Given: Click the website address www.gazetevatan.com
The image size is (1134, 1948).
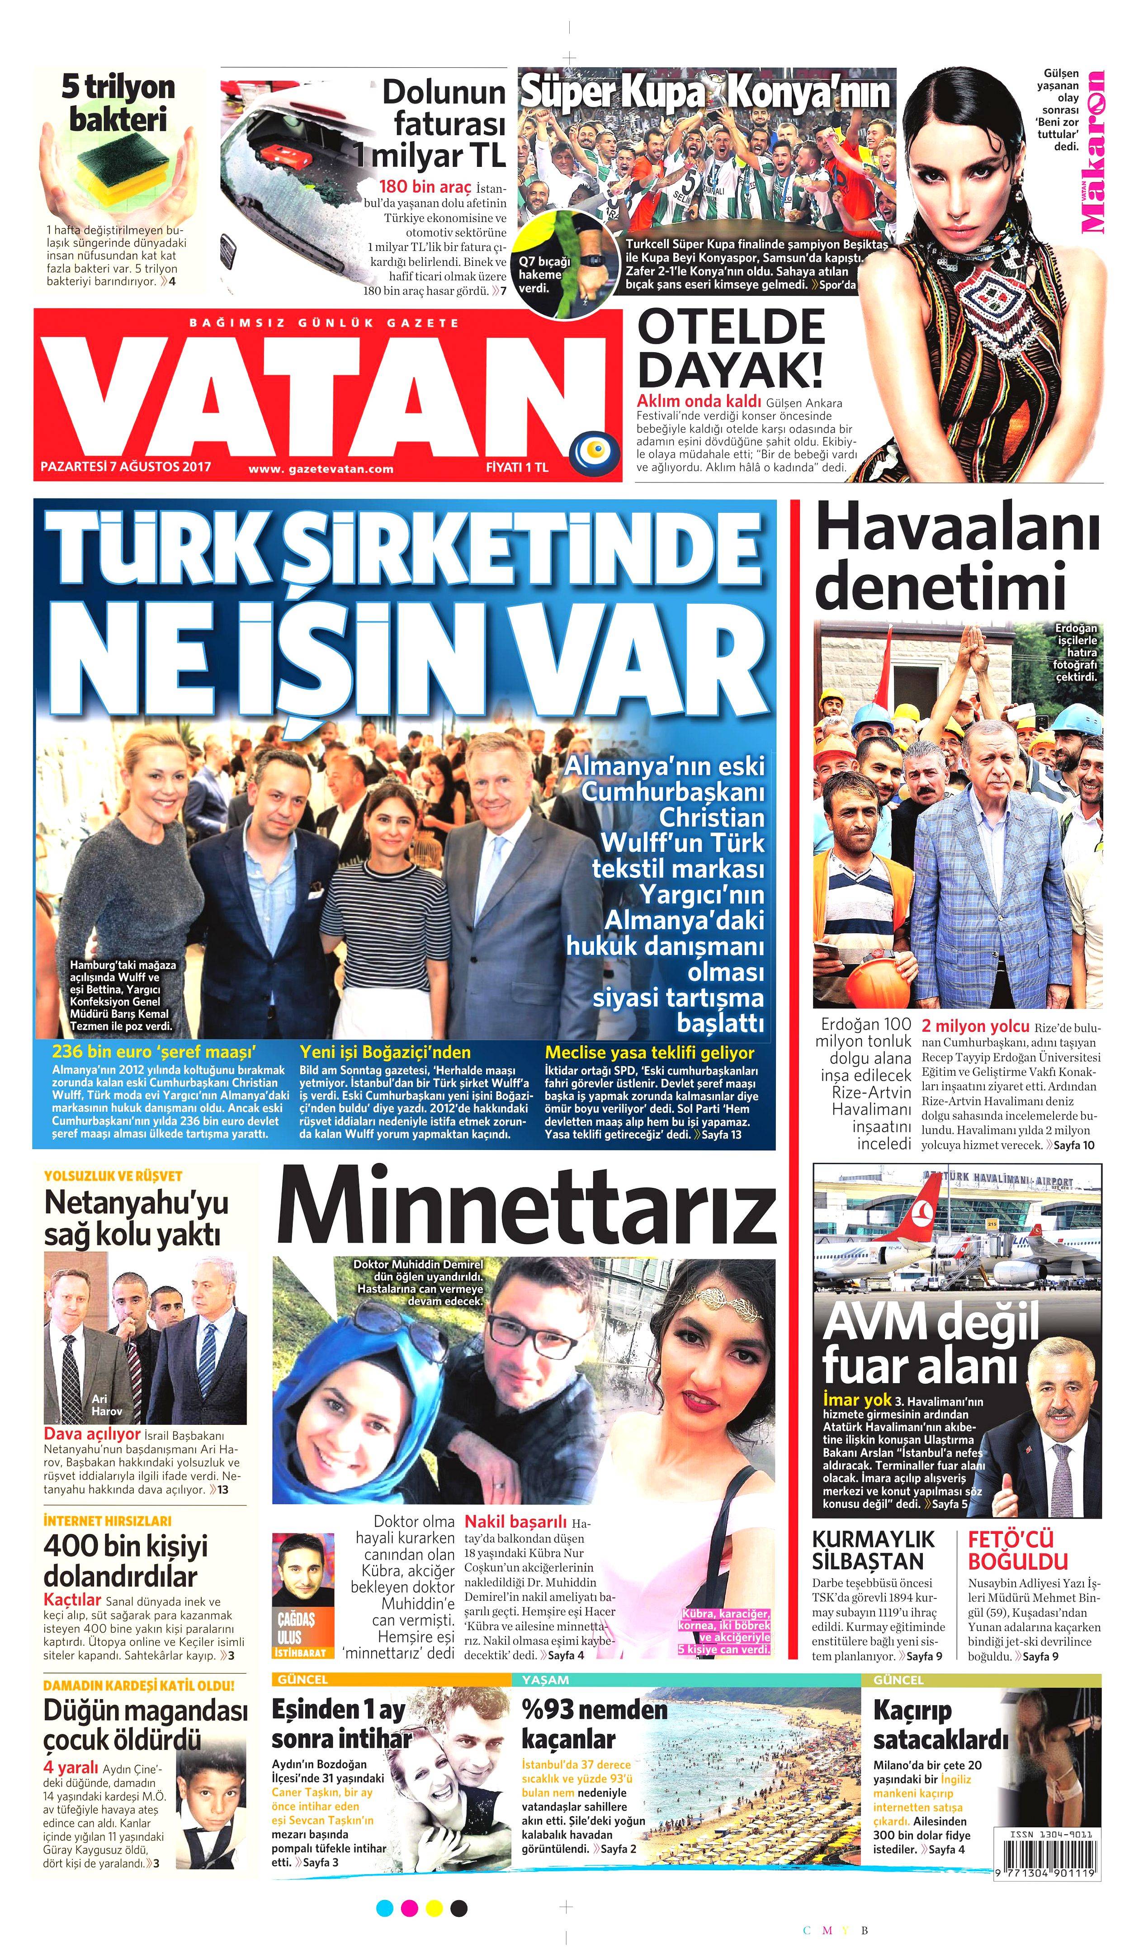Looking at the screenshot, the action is (321, 468).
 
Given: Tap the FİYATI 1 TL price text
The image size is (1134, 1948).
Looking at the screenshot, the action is (516, 467).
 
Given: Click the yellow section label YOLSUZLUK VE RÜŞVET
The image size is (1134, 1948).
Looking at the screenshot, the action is (113, 1176).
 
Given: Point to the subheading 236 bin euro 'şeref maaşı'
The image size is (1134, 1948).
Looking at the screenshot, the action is (154, 1052).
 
